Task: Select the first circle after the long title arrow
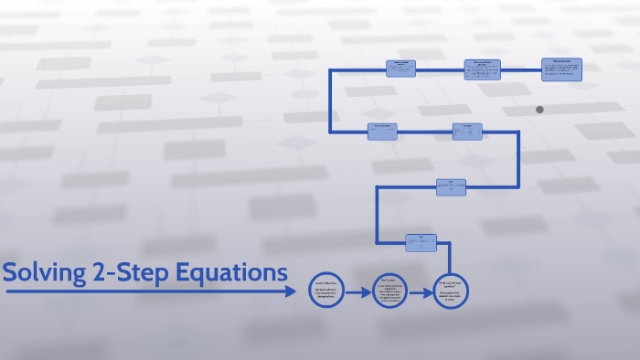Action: click(326, 291)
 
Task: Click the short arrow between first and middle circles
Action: click(358, 291)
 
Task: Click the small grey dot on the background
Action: click(539, 110)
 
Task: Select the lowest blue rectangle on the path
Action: click(421, 242)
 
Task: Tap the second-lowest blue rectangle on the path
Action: click(452, 186)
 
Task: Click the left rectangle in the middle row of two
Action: click(382, 131)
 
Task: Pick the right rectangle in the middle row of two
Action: click(467, 131)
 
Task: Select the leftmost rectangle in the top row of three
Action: click(400, 69)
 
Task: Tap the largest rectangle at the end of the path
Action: click(561, 70)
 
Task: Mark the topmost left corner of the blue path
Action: click(330, 69)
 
